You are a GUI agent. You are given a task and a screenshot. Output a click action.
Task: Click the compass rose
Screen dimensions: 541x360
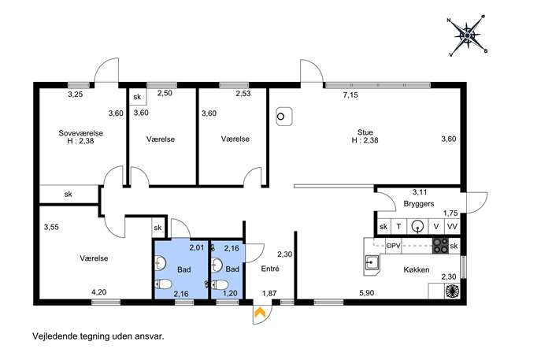click(467, 35)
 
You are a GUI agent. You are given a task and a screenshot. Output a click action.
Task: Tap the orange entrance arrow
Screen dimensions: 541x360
click(259, 313)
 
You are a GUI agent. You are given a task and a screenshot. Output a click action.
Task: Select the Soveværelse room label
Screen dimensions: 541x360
click(81, 133)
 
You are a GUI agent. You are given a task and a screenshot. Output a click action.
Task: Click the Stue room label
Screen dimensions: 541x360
click(365, 132)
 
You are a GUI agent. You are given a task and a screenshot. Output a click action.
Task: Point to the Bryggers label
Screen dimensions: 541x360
click(419, 204)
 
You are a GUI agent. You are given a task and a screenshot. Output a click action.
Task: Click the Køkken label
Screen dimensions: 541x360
click(417, 269)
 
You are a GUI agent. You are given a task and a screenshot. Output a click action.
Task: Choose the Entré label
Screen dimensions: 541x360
click(270, 269)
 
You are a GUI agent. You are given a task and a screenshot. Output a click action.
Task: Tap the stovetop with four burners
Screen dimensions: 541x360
click(441, 246)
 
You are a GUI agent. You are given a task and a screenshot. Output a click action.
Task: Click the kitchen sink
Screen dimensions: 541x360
click(372, 263)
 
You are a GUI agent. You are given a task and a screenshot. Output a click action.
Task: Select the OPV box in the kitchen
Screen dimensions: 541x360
click(393, 246)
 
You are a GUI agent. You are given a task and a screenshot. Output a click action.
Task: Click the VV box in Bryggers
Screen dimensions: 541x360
click(452, 226)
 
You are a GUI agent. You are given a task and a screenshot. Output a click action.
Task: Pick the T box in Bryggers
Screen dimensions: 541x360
click(398, 226)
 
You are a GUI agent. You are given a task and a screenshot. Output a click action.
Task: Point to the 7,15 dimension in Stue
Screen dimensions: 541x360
click(350, 95)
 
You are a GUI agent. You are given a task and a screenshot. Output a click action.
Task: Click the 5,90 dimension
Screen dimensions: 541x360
click(367, 293)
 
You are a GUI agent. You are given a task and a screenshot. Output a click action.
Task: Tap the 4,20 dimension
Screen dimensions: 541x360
click(98, 292)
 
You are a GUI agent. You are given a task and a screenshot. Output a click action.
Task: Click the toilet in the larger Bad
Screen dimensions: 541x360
click(164, 284)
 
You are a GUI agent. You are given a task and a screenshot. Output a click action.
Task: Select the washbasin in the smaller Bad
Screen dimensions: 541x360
click(216, 265)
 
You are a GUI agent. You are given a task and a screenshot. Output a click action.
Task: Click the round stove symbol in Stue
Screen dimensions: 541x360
click(284, 117)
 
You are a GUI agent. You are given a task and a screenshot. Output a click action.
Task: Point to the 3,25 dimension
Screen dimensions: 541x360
click(76, 95)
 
